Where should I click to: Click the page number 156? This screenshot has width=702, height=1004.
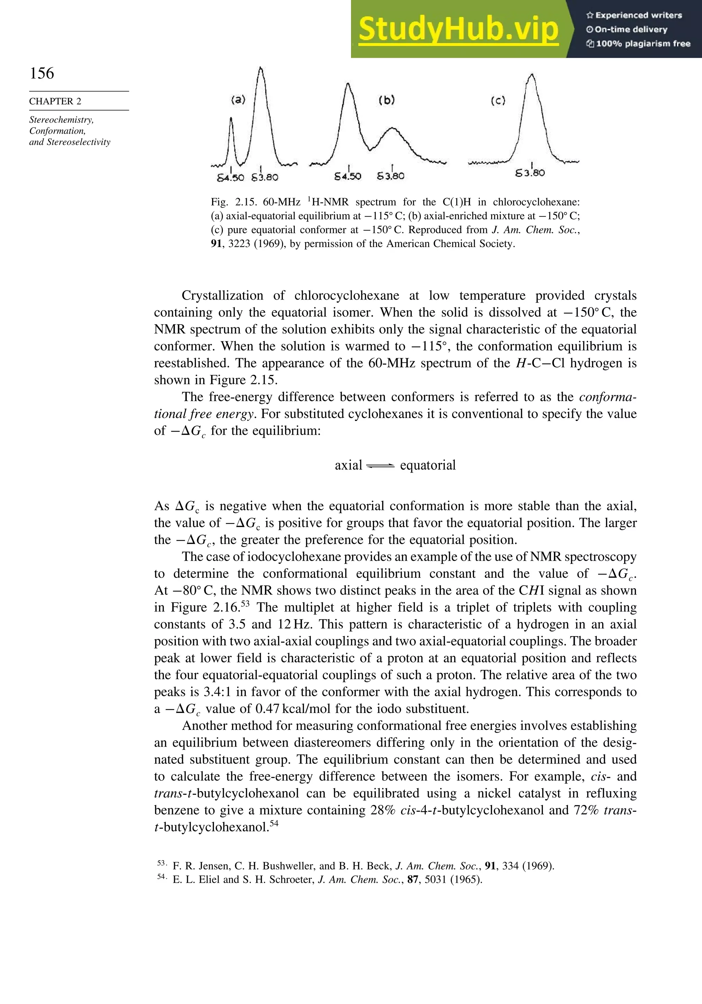(42, 73)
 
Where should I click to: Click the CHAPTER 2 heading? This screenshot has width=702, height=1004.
(55, 102)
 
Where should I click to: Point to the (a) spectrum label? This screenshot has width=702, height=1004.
(238, 100)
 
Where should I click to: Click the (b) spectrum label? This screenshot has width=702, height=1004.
(387, 100)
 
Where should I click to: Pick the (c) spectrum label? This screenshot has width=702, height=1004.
(498, 101)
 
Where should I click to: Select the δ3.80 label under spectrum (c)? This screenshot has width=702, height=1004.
(530, 173)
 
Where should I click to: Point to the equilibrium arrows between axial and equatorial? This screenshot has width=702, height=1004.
(380, 466)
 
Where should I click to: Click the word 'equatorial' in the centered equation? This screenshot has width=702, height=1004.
(428, 465)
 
